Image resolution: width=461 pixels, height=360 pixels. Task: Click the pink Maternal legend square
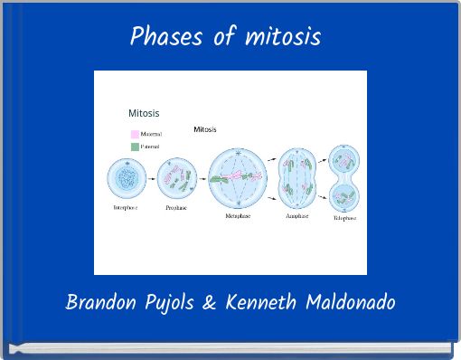pyautogui.click(x=134, y=135)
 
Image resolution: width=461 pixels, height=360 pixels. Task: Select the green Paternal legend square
pyautogui.click(x=134, y=146)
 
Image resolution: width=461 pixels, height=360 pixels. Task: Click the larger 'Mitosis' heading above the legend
pyautogui.click(x=144, y=113)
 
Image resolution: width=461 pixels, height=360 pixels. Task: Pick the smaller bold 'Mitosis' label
pyautogui.click(x=204, y=129)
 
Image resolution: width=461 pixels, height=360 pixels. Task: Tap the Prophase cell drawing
pyautogui.click(x=175, y=178)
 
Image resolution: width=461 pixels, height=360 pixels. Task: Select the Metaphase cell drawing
pyautogui.click(x=238, y=178)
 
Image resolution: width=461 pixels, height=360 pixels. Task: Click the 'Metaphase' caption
pyautogui.click(x=238, y=216)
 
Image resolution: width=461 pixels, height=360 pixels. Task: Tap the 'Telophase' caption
pyautogui.click(x=344, y=218)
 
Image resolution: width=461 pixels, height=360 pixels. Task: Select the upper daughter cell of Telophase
pyautogui.click(x=344, y=161)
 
